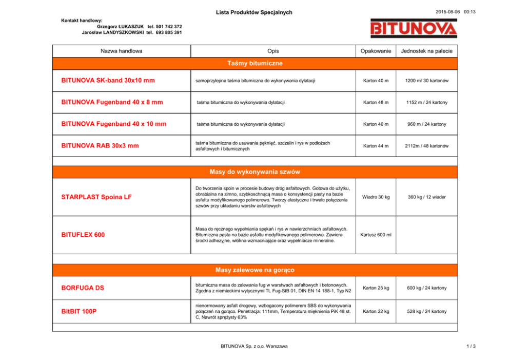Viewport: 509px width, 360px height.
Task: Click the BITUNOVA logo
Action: (414, 28)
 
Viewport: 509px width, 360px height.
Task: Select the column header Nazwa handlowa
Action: (122, 51)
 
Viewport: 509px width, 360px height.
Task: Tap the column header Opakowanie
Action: (376, 51)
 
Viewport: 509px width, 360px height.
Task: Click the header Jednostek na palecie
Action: (426, 51)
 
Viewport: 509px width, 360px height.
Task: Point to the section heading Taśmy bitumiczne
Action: (254, 63)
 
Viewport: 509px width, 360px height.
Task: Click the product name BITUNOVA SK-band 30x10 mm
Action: (108, 81)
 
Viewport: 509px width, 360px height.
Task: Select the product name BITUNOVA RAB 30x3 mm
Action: (100, 146)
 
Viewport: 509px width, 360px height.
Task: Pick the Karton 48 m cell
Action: (376, 103)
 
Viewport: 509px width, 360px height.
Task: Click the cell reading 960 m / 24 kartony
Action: (426, 124)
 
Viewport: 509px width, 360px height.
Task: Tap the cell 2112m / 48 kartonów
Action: (426, 146)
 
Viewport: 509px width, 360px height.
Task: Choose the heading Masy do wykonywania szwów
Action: (254, 172)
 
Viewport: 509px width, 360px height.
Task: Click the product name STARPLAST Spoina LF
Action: (96, 197)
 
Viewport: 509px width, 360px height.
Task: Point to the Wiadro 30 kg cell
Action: (376, 197)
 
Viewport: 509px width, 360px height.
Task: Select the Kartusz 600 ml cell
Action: (376, 235)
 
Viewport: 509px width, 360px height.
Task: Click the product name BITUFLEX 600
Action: (83, 235)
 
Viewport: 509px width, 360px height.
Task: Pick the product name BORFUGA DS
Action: (82, 288)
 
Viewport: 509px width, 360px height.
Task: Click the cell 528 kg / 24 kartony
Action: (426, 312)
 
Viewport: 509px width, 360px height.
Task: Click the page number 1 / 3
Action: (471, 346)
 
